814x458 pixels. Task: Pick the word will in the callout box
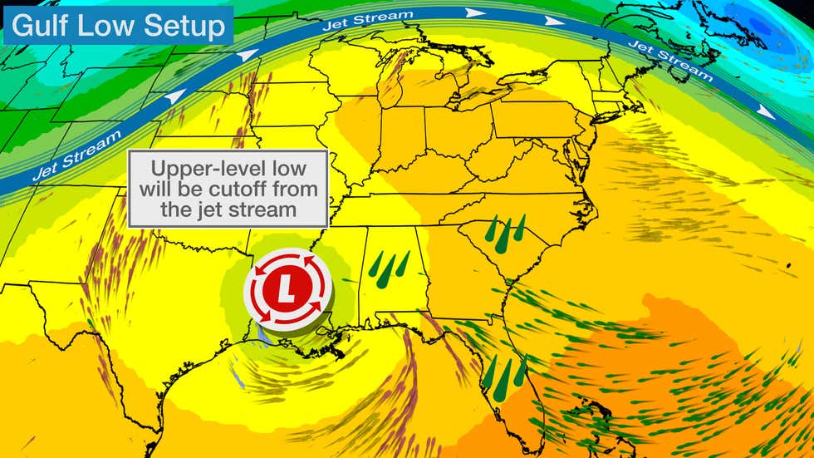click(x=157, y=189)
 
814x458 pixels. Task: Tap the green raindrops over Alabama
click(x=388, y=268)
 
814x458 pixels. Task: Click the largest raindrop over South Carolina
click(x=505, y=236)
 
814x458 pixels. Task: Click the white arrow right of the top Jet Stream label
click(x=475, y=12)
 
